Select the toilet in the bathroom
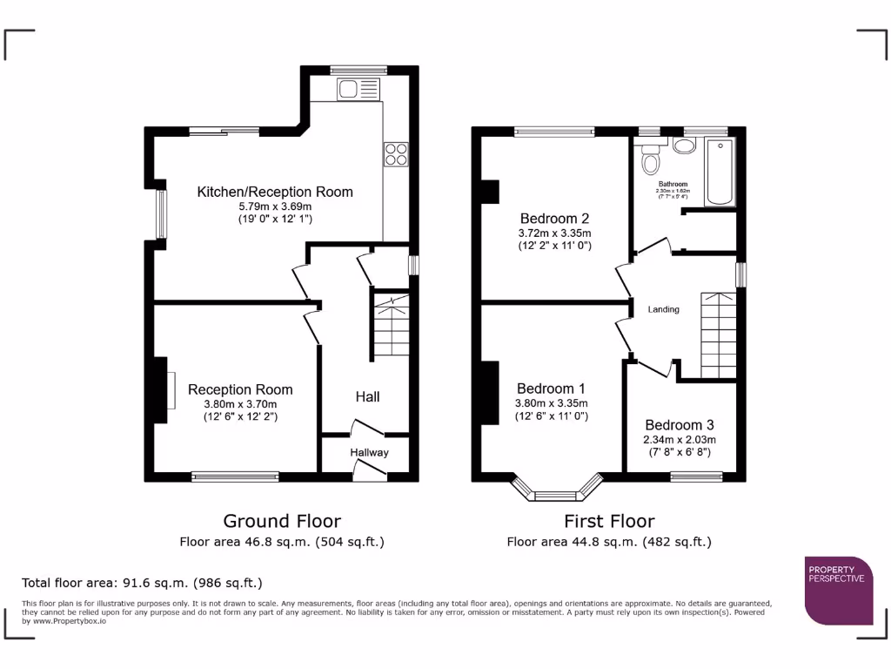[650, 161]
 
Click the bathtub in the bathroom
[720, 171]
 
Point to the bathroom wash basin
[684, 145]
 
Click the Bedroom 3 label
[678, 427]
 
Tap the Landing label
[664, 309]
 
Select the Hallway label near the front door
[369, 452]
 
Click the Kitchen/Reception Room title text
[275, 192]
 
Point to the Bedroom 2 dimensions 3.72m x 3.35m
[555, 233]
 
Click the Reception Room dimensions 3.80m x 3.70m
[240, 404]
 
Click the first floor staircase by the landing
[718, 334]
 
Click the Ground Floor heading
[282, 521]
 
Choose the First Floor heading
[609, 521]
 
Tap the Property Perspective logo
[838, 590]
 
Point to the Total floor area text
[142, 583]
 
